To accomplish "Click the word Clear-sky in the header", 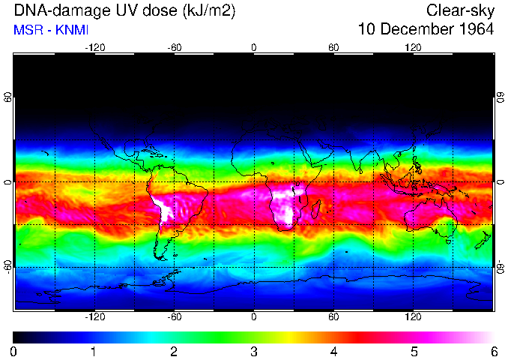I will tap(460, 10).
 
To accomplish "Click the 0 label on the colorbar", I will tap(14, 351).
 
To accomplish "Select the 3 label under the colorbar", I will tap(253, 351).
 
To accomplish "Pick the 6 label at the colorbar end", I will tap(493, 351).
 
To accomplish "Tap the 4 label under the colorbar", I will tap(333, 351).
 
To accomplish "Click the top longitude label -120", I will tap(94, 48).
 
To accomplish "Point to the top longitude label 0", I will tap(253, 48).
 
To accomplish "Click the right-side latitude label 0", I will tap(500, 182).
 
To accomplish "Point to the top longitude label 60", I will tap(333, 48).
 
